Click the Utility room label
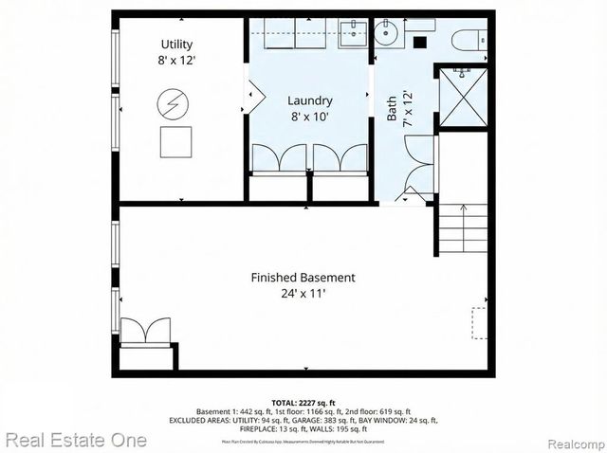[178, 45]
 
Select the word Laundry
[310, 100]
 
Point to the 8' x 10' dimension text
[310, 118]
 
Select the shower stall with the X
[463, 97]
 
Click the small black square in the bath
[420, 43]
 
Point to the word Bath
[392, 108]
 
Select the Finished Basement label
[303, 278]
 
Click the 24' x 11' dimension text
[303, 294]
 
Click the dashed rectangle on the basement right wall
[480, 321]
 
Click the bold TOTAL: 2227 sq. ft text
[303, 403]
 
